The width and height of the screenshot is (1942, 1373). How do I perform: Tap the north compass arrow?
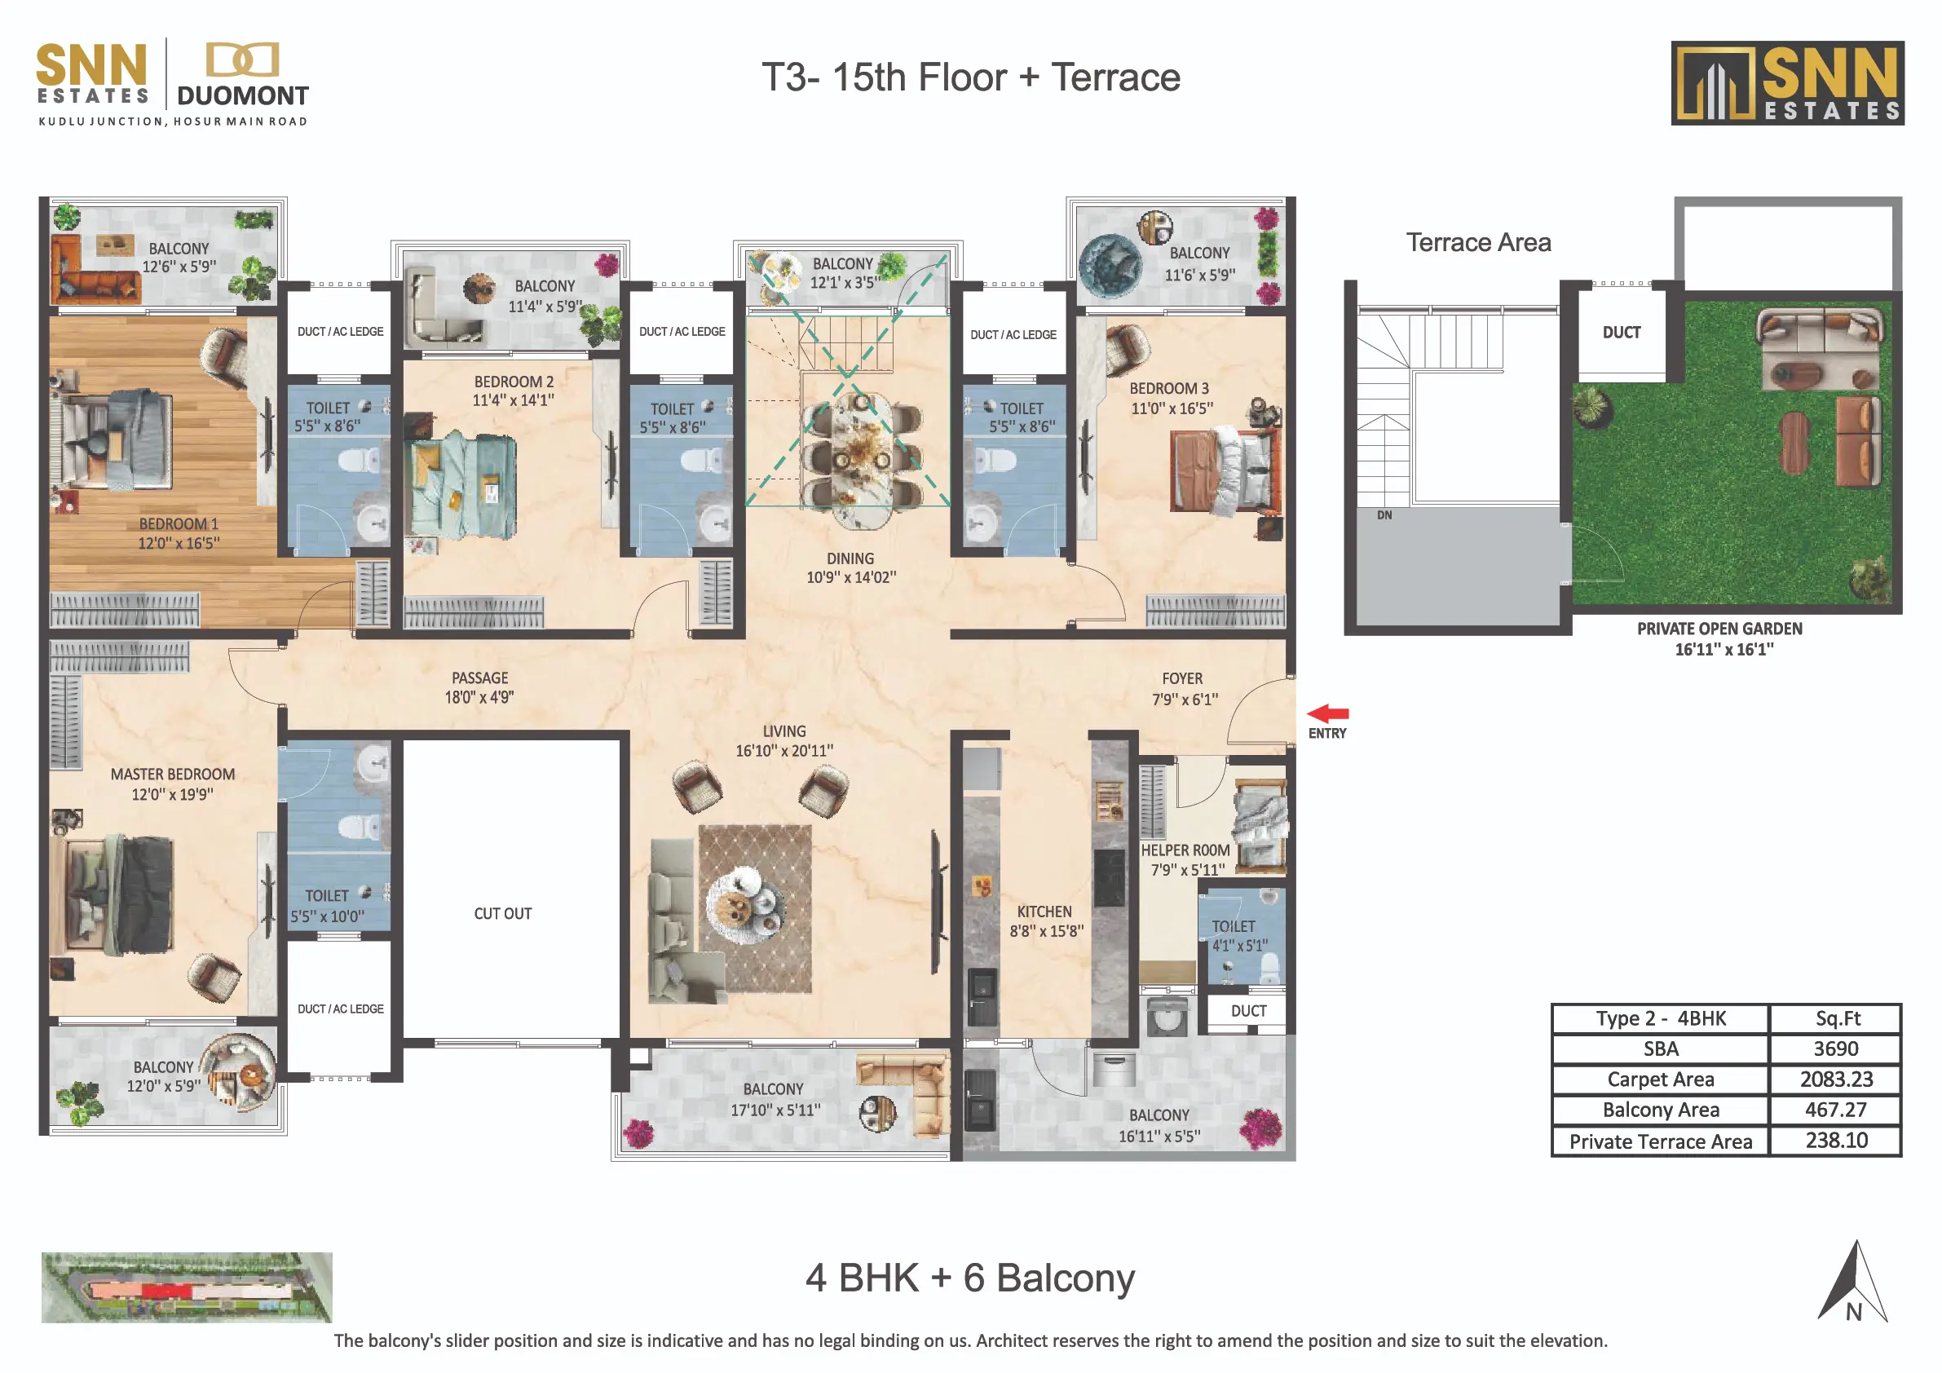[x=1853, y=1281]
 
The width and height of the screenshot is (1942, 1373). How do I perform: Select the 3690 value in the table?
[x=1835, y=1049]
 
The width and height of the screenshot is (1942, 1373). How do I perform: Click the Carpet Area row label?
[x=1661, y=1079]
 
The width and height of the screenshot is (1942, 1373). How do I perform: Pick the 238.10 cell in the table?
[x=1836, y=1141]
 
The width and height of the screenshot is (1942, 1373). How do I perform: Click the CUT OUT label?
[x=502, y=914]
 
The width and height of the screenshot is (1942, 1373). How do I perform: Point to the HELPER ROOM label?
[x=1185, y=850]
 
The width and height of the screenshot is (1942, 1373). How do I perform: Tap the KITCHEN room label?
[x=1044, y=912]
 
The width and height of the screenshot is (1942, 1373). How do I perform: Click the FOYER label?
[x=1181, y=678]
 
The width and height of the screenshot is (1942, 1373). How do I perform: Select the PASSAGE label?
[x=479, y=678]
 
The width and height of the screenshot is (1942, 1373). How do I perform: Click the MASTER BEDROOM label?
[x=173, y=774]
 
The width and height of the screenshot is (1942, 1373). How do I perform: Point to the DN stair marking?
[x=1384, y=514]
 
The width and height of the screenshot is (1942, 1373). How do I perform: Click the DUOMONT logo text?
[x=243, y=95]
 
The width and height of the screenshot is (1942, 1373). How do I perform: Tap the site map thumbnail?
[x=187, y=1287]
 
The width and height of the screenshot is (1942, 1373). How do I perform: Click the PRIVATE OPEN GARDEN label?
[x=1719, y=629]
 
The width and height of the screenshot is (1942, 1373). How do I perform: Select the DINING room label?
[x=850, y=558]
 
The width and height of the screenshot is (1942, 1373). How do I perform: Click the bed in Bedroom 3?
[x=1225, y=470]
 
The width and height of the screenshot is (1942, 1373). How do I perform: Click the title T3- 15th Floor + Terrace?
[x=970, y=77]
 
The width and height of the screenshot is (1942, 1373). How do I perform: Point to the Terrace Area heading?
[x=1477, y=243]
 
